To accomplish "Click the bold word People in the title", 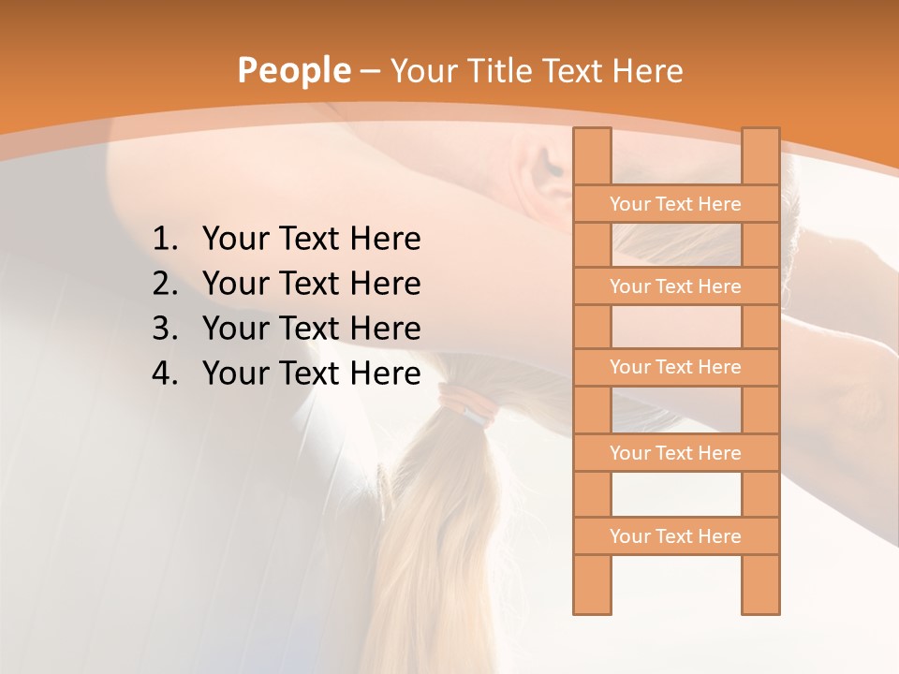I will (293, 71).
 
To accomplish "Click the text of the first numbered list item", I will (311, 240).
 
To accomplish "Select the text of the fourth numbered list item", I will (311, 374).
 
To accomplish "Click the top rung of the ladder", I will (675, 204).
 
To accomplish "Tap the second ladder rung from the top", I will (675, 286).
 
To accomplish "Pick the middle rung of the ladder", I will (675, 367).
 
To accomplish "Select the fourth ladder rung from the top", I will (675, 453).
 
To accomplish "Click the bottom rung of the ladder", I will (675, 536).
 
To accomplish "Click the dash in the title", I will (370, 71).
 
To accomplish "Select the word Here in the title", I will (647, 71).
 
